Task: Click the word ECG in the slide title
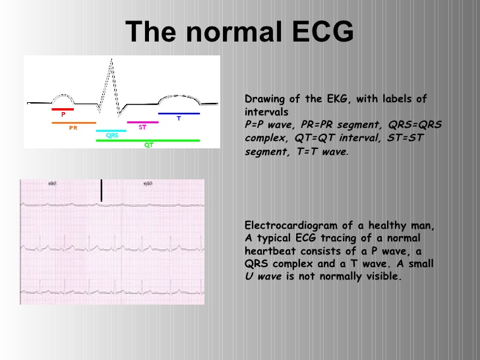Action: (x=317, y=32)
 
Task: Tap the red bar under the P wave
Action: (x=63, y=109)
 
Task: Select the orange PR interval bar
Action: (x=74, y=123)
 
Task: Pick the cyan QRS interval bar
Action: (x=111, y=131)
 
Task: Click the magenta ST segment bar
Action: (x=142, y=122)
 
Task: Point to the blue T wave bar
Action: (x=179, y=113)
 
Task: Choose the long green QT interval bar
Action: (x=148, y=140)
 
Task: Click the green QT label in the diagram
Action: (x=148, y=145)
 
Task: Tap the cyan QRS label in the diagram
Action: (x=111, y=135)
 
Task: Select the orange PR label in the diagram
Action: (x=73, y=128)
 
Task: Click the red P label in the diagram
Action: (x=63, y=114)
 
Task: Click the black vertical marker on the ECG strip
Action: (x=102, y=190)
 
